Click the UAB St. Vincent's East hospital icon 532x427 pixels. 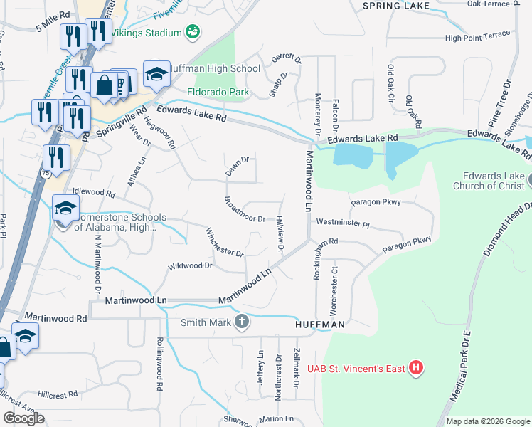click(x=417, y=368)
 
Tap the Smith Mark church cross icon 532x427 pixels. click(x=242, y=322)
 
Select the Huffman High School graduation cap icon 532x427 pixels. click(x=156, y=73)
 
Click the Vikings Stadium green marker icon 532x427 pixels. click(x=191, y=32)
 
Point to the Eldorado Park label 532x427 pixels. click(x=218, y=92)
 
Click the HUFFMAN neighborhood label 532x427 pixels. click(x=320, y=325)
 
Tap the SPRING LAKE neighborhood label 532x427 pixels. click(x=396, y=6)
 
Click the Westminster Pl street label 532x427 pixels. click(x=344, y=223)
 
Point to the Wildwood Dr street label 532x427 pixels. click(x=190, y=266)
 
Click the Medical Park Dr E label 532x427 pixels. click(x=459, y=374)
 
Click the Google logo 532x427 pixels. click(x=23, y=418)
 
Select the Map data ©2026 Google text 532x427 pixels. click(x=487, y=421)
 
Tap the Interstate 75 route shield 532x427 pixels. click(x=46, y=172)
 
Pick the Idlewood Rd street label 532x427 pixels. click(x=94, y=193)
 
